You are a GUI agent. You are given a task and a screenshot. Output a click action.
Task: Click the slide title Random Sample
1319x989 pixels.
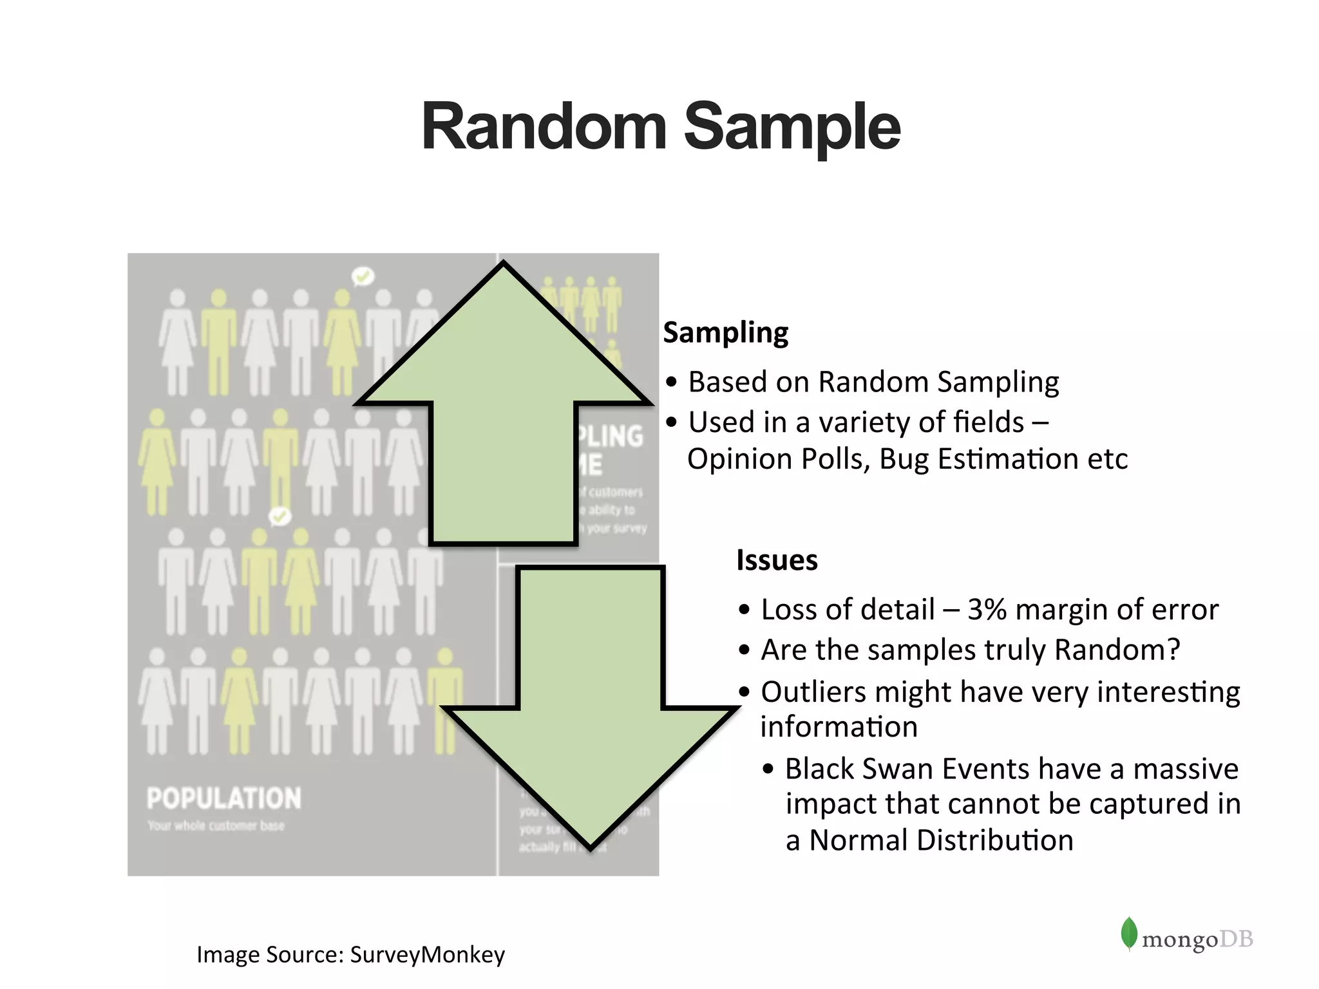coord(661,127)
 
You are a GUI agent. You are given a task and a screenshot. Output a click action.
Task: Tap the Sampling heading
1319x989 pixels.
coord(726,333)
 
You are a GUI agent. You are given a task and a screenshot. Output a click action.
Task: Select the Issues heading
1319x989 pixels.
coord(777,560)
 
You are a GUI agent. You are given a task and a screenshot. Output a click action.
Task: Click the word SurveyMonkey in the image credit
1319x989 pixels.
coord(427,954)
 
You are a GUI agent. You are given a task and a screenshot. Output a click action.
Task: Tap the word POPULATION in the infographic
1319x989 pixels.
coord(223,798)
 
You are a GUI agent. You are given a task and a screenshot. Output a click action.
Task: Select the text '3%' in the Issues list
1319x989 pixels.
coord(987,609)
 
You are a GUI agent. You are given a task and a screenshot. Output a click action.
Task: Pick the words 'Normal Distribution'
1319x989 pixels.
coord(941,840)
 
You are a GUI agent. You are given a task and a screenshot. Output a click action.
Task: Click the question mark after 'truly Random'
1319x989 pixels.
coord(1173,650)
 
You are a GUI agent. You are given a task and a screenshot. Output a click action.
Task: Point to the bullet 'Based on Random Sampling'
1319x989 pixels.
coord(873,382)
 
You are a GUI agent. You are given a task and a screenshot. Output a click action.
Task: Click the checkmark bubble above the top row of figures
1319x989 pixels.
coord(363,276)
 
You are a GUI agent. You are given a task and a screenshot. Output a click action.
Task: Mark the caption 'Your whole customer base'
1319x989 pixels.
coord(216,825)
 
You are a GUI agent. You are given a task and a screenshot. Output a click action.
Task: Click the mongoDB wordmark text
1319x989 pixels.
coord(1197,939)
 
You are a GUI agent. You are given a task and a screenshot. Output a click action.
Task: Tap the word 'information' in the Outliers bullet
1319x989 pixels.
coord(839,727)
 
